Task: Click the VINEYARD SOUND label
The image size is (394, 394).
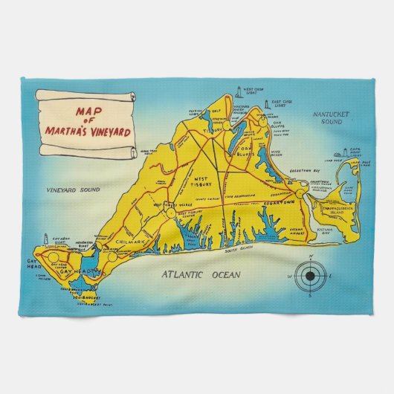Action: click(x=71, y=190)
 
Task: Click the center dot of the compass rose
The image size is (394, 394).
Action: click(x=309, y=277)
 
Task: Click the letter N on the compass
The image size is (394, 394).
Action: click(x=309, y=257)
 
